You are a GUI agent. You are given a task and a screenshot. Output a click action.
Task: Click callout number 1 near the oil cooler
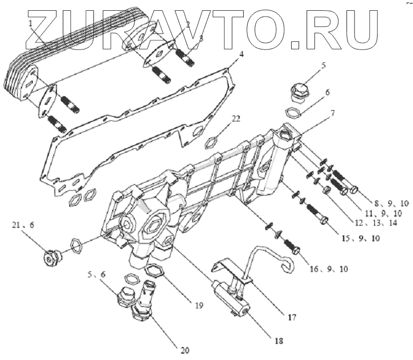31,24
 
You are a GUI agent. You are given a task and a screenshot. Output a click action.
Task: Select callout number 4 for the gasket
242,54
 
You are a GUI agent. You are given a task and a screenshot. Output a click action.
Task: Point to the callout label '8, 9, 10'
392,204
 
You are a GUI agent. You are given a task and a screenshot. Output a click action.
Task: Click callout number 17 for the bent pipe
291,318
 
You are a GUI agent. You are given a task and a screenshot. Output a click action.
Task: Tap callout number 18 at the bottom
278,340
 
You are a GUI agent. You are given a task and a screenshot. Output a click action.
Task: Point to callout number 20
185,350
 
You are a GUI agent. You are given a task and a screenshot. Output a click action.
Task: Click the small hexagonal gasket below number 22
214,142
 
